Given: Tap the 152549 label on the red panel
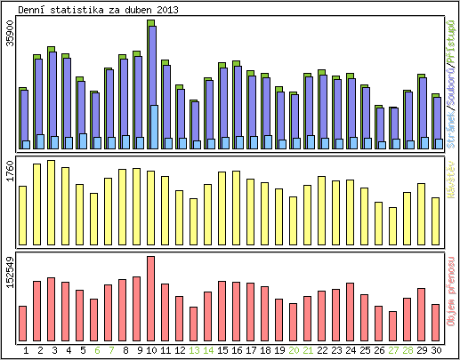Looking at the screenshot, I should (x=9, y=270).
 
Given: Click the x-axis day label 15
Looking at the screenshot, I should (x=222, y=350).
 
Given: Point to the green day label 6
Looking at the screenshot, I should (x=94, y=350).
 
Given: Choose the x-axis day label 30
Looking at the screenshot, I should (x=436, y=350).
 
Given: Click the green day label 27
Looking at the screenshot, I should (x=393, y=350).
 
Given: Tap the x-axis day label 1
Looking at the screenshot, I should (x=23, y=350).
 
